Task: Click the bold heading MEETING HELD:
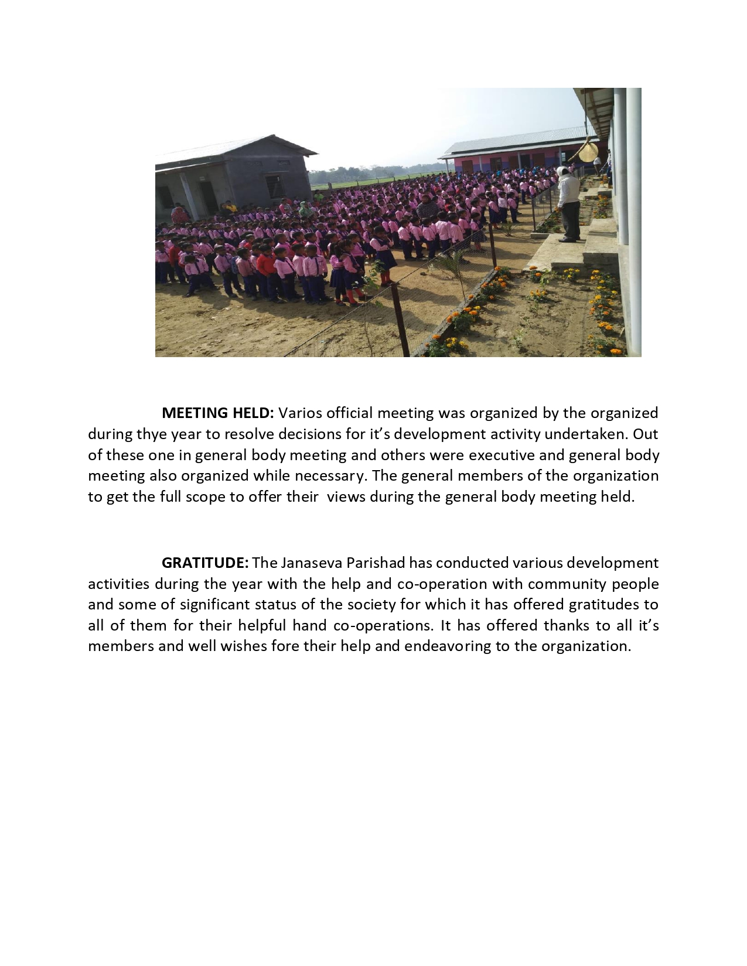point(217,413)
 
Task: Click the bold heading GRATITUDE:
point(205,563)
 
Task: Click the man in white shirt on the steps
point(568,203)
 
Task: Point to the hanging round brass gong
point(588,150)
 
